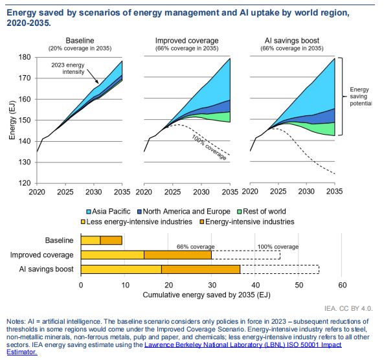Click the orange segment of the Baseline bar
coord(111,240)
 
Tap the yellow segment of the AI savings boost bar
coord(121,269)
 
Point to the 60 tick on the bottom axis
coord(343,285)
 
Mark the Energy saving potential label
coord(360,97)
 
